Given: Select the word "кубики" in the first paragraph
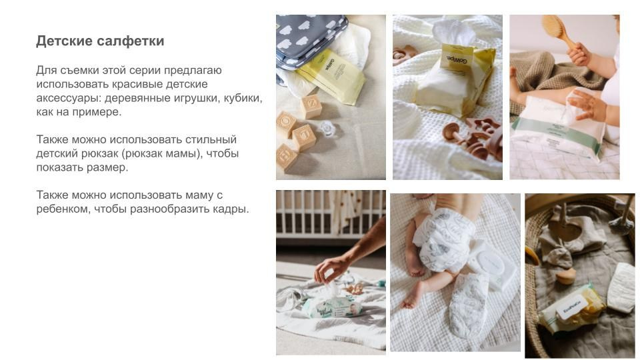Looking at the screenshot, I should [242, 98].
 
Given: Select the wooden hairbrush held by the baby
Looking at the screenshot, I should [557, 29].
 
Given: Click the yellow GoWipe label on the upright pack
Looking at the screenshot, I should [457, 57].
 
